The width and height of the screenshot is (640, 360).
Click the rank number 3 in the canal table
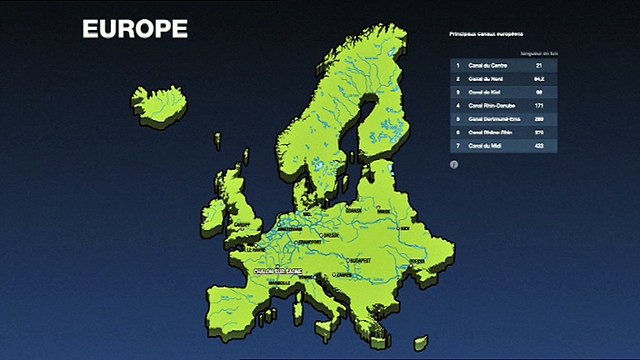457,92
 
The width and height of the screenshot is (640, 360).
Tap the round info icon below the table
454,163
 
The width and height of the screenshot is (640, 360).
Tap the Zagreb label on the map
342,272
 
